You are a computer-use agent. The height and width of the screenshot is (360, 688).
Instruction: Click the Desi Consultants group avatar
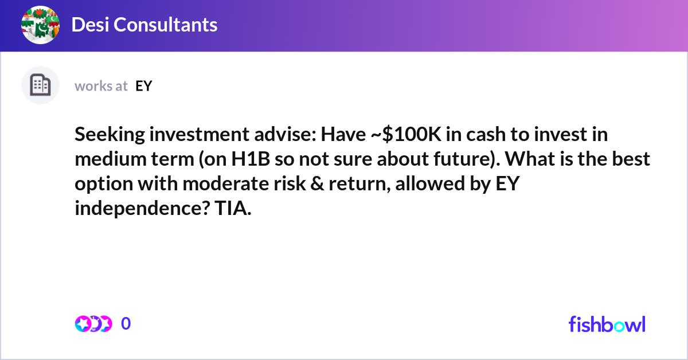40,25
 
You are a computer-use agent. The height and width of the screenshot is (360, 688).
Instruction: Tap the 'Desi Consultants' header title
144,25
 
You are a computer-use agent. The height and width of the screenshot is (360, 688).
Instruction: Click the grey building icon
40,85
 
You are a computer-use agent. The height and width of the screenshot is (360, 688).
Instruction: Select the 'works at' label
101,86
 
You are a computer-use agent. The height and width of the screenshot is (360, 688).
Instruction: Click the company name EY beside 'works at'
144,86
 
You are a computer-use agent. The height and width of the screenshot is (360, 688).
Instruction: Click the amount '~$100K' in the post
406,134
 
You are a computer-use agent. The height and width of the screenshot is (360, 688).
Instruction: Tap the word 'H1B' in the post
251,159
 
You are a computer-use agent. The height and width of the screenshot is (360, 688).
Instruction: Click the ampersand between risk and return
317,183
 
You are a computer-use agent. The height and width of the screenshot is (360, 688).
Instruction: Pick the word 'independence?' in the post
143,208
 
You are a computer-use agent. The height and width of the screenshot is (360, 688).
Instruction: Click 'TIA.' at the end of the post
233,208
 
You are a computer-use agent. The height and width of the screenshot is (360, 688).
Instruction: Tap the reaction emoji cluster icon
93,324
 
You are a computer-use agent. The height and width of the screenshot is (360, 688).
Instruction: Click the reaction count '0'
126,323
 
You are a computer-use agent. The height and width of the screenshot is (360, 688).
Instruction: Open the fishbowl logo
607,324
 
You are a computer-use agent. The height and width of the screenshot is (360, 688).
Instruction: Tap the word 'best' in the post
631,159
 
